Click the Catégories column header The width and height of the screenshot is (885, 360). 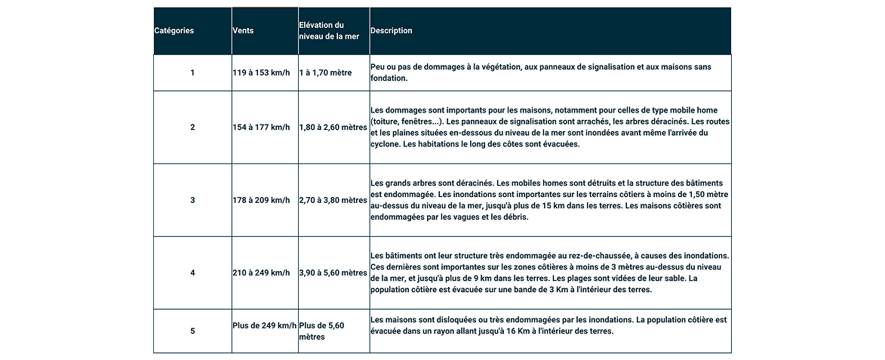tap(174, 31)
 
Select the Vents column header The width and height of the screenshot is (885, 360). tap(243, 31)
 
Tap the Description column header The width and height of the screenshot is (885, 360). tap(392, 31)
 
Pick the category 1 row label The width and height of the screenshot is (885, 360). tap(192, 73)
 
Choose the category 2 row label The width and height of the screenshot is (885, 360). tap(192, 128)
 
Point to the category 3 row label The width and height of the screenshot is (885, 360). tap(192, 200)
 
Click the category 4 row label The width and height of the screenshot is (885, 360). tap(192, 272)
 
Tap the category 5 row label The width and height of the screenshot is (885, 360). tap(192, 331)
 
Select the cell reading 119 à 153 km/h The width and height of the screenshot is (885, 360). tap(261, 73)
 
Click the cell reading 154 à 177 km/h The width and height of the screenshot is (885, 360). tap(261, 128)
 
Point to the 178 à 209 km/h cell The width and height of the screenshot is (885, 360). tap(261, 200)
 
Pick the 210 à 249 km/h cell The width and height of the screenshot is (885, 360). tap(261, 272)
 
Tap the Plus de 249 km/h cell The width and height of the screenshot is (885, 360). tap(264, 325)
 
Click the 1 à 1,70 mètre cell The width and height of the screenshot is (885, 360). tap(326, 73)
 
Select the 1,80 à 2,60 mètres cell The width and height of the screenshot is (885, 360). tap(333, 128)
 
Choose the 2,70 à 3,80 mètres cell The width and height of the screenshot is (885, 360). tap(333, 200)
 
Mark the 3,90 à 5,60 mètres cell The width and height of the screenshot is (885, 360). tap(333, 272)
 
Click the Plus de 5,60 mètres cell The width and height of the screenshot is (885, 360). tap(322, 331)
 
